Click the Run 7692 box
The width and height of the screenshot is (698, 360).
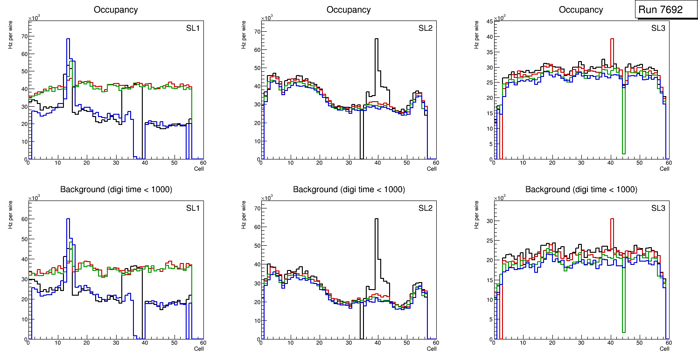(666, 10)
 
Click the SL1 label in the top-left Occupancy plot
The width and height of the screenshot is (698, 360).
(193, 28)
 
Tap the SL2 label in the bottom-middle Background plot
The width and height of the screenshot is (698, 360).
(425, 208)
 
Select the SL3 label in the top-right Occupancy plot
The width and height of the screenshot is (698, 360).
(658, 28)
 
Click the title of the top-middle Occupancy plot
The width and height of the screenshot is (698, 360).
(349, 10)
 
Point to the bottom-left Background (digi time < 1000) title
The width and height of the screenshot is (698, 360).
(116, 189)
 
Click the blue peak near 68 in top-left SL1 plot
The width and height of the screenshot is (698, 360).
(68, 39)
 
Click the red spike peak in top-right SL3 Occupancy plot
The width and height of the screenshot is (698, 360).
(612, 39)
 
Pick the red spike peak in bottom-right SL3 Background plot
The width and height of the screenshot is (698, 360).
(612, 219)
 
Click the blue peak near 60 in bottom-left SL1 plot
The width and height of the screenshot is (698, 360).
(68, 219)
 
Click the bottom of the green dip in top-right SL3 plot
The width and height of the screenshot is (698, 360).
(623, 153)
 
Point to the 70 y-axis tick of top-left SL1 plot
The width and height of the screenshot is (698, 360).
(24, 36)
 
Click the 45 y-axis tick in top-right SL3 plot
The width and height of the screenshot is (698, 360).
(489, 21)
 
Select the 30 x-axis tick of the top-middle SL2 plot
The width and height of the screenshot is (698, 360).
(348, 163)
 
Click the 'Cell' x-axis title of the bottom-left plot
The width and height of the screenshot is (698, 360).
(199, 348)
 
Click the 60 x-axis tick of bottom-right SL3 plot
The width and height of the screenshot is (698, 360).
(668, 343)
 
